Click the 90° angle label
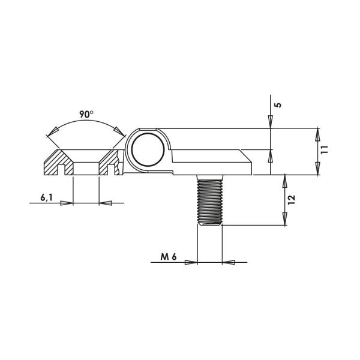[86, 114]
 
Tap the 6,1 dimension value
[46, 197]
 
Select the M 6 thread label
[169, 257]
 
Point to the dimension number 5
[278, 105]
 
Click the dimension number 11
[325, 149]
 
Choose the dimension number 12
[291, 200]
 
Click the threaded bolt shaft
[210, 200]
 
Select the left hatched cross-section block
[59, 163]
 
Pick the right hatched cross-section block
[110, 163]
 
